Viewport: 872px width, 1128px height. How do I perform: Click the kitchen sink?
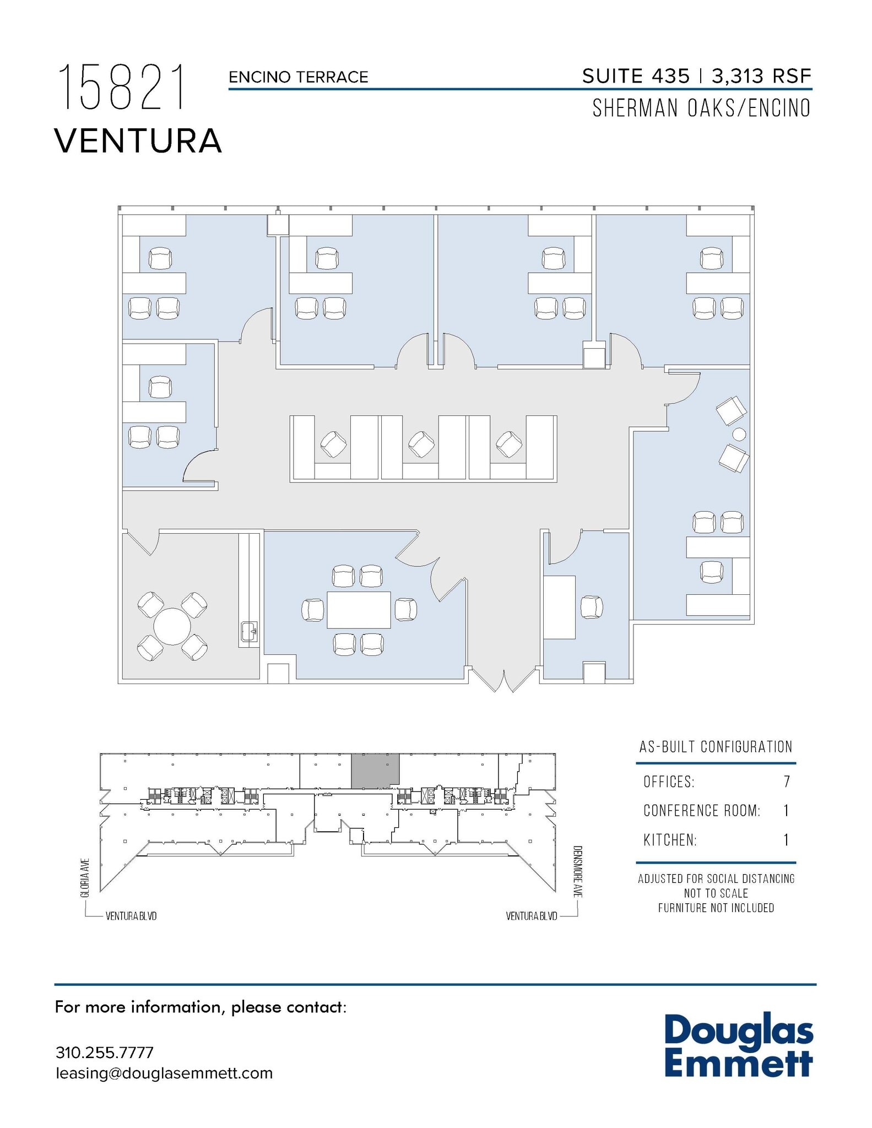(249, 631)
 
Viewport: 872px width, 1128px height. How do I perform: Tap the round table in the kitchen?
(172, 626)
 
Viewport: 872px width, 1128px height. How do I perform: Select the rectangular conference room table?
(359, 610)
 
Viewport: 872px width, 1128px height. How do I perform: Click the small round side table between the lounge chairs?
(739, 435)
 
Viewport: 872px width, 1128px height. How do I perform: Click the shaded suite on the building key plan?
(375, 770)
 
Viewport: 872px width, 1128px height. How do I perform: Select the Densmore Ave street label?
(577, 872)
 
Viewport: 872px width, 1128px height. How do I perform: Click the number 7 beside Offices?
(787, 782)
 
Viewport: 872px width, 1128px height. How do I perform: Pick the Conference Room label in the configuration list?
(702, 811)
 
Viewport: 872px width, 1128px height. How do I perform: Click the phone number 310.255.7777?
(105, 1053)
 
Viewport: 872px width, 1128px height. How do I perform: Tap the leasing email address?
(164, 1073)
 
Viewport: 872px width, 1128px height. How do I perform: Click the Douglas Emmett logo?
(738, 1048)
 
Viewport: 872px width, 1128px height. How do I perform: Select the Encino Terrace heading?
(299, 77)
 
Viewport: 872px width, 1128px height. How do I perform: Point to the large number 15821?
(122, 87)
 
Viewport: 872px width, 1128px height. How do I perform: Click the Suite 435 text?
(636, 76)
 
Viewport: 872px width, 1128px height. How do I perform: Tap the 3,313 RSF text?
(762, 76)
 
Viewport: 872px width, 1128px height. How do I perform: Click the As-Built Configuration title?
(716, 747)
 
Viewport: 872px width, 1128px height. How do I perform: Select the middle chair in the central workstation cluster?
(421, 444)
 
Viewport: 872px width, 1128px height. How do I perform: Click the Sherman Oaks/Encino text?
(701, 108)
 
